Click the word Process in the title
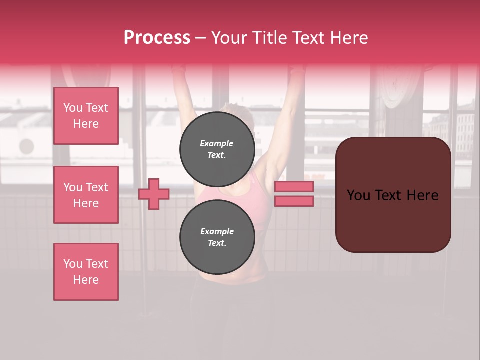[157, 38]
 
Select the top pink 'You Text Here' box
[86, 116]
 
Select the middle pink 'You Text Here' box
[86, 195]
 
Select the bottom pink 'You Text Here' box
[86, 272]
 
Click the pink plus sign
[154, 194]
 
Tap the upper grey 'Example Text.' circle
[217, 149]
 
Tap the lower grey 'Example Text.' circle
[217, 237]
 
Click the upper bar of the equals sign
[294, 186]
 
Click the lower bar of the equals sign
[294, 201]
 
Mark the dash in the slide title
[200, 38]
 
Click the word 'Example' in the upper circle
[217, 143]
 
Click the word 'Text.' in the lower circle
[217, 243]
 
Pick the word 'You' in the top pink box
[73, 108]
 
